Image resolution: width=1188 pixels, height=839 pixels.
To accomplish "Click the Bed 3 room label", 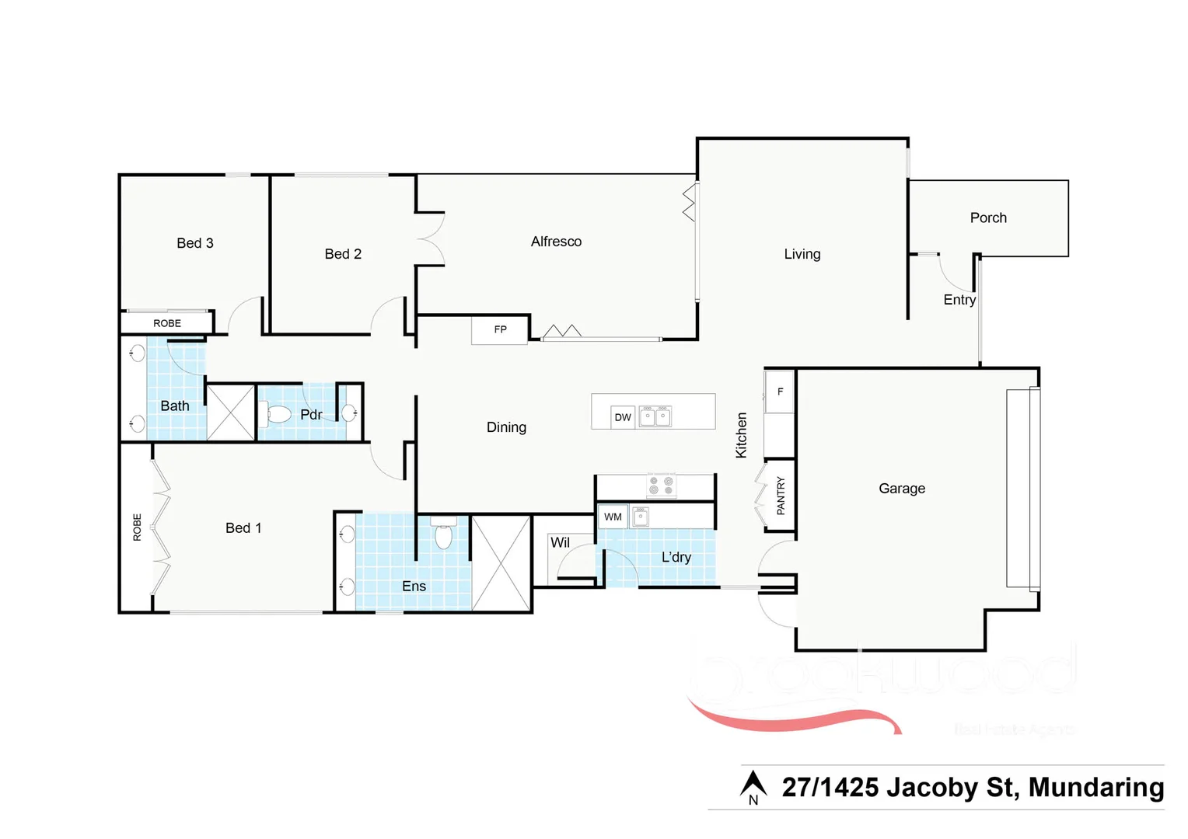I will point(194,243).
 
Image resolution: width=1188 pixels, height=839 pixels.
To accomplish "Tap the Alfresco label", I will point(556,242).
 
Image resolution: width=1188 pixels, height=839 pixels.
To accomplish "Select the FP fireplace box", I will point(500,329).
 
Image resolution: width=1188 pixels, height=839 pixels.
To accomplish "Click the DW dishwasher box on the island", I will point(623,417).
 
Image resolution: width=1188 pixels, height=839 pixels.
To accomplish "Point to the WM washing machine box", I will point(613,517).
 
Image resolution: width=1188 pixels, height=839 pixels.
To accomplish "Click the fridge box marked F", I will point(780,392).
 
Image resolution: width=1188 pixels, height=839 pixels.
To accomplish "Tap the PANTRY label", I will point(781,496).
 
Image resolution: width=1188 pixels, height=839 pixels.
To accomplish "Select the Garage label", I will point(902,489).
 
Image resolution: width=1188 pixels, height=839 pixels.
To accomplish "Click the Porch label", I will point(988,218).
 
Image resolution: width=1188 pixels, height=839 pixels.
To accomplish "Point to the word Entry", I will point(959,300).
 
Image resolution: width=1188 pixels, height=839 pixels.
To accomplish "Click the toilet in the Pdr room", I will point(277,413).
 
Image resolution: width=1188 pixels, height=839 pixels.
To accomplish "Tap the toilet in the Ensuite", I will point(443,534).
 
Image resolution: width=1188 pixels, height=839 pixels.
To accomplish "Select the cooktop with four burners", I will point(661,486).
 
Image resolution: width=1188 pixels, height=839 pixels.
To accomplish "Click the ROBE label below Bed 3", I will point(166,323).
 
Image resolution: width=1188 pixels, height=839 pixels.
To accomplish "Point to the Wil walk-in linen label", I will point(560,542).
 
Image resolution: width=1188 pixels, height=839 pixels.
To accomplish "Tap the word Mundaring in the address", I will point(1095,787).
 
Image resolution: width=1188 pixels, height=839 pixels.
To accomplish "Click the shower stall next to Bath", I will point(231,413).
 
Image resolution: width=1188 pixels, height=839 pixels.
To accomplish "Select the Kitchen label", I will point(742,435).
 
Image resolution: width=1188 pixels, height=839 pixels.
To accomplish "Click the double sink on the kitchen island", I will point(655,417).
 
